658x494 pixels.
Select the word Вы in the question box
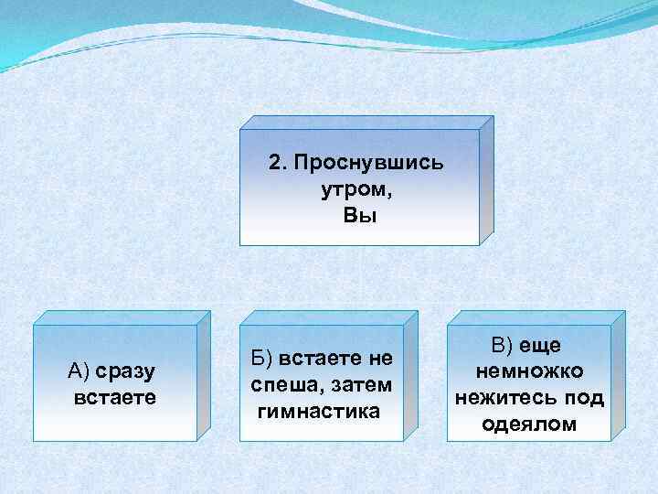pos(359,216)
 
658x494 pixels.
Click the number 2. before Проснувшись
pos(278,164)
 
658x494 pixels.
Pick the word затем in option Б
pos(356,384)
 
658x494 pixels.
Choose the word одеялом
pos(530,424)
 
